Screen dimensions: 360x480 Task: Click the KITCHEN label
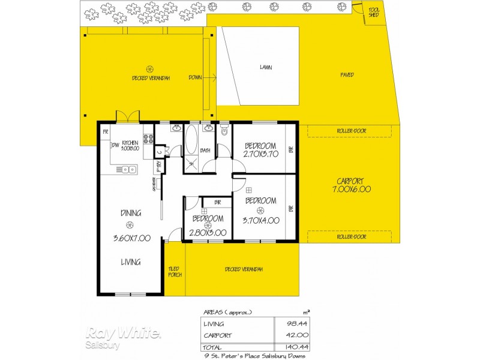coord(130,143)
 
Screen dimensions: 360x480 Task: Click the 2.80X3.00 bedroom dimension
coord(208,233)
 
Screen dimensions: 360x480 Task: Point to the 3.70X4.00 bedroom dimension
coord(261,220)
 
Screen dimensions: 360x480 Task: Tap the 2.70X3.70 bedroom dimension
coord(260,154)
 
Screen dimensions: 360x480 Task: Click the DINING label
coord(130,213)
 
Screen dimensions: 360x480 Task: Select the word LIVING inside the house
coord(130,262)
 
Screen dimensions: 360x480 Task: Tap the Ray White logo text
coord(123,334)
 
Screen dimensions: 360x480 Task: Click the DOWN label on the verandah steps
coord(195,77)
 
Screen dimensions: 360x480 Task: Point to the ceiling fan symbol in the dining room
coord(130,224)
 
